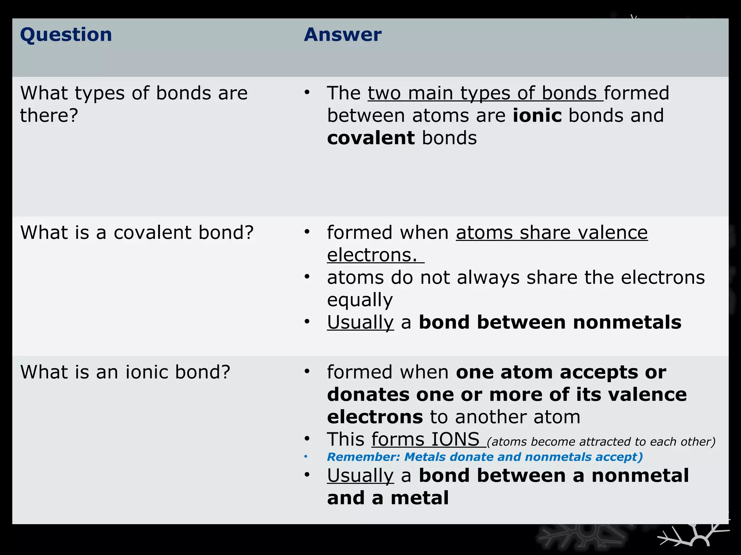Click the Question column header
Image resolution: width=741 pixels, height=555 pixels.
66,35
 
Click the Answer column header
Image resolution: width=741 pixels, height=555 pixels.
342,35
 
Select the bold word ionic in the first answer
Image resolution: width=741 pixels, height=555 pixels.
537,116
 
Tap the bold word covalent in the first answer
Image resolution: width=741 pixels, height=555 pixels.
371,138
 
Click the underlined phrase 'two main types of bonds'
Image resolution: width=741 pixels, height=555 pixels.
485,94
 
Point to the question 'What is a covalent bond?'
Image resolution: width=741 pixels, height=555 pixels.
137,232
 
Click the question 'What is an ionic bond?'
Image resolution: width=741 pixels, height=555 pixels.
125,372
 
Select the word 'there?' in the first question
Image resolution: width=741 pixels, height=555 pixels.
49,116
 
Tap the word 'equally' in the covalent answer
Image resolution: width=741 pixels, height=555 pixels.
360,300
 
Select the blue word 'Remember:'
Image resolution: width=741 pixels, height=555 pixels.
363,457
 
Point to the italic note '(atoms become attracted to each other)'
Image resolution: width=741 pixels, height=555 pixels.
601,442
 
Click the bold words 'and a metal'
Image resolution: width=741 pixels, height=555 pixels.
388,498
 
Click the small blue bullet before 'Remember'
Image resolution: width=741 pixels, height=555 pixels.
306,457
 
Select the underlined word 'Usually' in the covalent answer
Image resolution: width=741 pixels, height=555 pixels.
360,322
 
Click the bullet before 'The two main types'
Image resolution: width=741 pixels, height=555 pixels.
307,92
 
